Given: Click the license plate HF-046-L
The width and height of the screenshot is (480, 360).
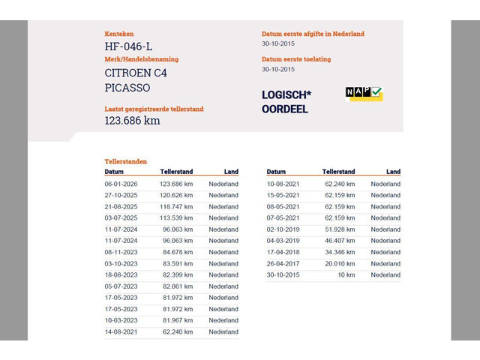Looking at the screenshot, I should coord(128,47).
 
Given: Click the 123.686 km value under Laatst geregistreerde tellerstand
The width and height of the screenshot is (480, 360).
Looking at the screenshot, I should coord(132,121).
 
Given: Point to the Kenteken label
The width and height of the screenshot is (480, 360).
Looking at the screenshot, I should coord(119,34).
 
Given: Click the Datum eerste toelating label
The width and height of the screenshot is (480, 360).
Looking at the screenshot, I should coord(295,59).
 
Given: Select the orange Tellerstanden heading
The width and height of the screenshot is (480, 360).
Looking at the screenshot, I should coord(126,161).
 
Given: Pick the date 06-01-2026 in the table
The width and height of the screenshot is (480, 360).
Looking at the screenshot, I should coord(121,184).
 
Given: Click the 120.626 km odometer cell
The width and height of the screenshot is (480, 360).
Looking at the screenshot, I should coord(176,195).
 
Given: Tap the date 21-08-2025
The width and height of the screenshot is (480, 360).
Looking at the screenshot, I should coord(121,206).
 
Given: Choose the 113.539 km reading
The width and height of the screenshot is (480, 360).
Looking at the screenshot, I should coord(176,217).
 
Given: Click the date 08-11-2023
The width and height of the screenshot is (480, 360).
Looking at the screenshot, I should coord(121,252).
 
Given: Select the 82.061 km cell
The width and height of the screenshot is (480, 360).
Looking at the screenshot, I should coord(176,286).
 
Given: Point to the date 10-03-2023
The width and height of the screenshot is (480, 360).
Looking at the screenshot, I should coord(121,320).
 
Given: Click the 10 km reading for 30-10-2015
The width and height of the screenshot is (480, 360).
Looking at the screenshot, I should coord(346,274).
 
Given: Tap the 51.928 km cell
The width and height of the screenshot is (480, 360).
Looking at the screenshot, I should coord(340,229).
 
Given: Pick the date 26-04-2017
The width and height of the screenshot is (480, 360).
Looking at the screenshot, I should coord(283,263).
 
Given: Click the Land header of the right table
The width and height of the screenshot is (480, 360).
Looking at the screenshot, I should coord(393,172).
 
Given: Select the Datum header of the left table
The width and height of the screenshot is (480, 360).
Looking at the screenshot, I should coord(114,172).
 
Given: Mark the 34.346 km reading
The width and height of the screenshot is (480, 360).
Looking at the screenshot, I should coord(340,252).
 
